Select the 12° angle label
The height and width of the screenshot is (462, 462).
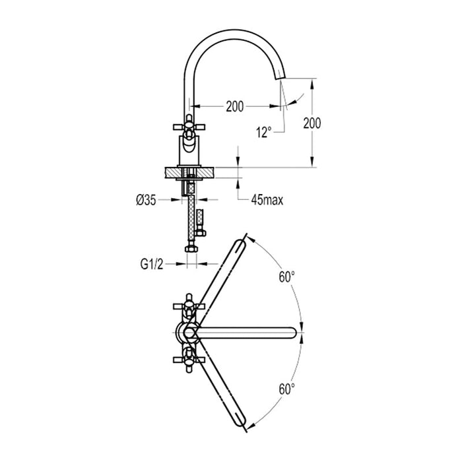pos(263,132)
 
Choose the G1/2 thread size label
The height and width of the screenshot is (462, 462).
pos(152,265)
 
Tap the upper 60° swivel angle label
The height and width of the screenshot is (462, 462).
pos(286,278)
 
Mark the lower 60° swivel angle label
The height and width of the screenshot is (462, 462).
pos(286,389)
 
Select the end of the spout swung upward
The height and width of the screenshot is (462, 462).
pos(240,244)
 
